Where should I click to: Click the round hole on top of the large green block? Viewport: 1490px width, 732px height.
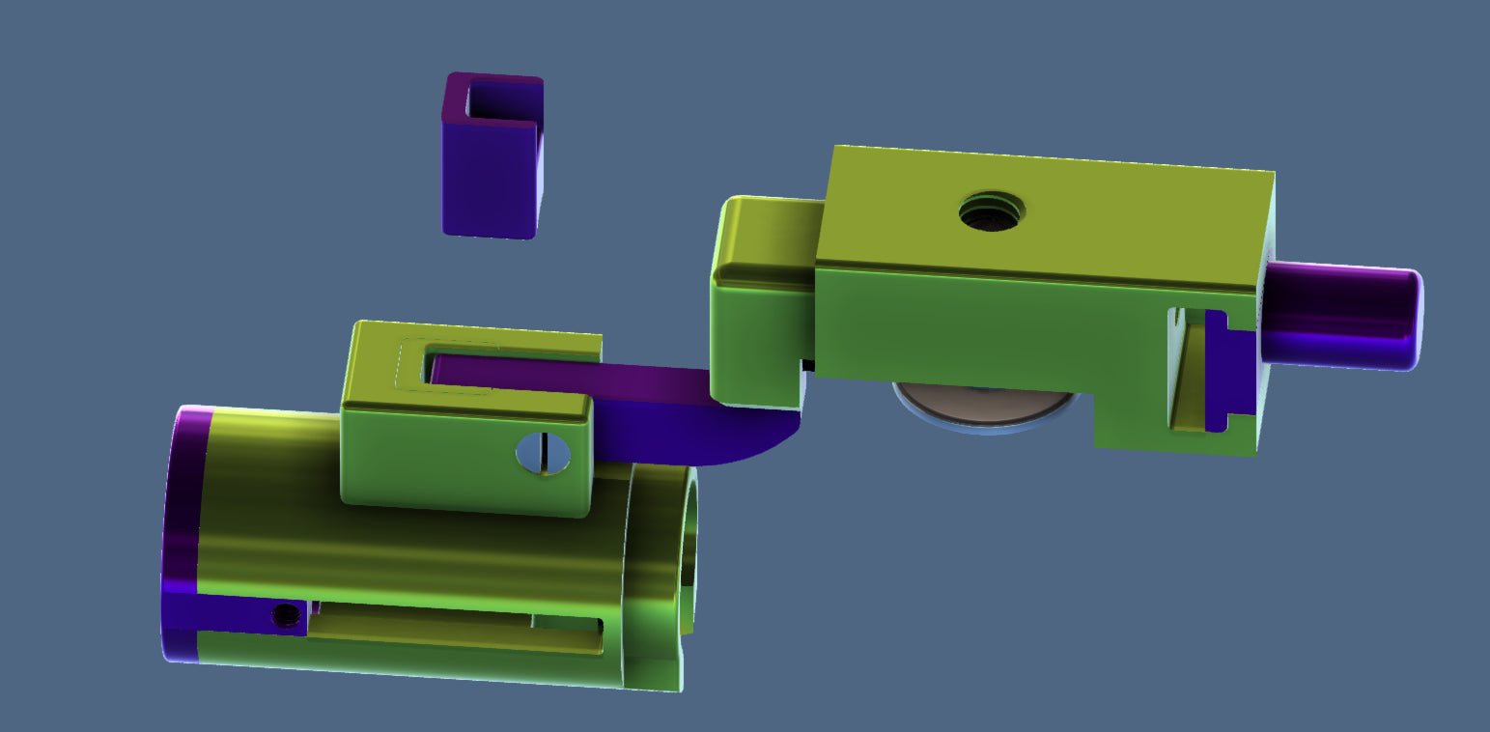(992, 211)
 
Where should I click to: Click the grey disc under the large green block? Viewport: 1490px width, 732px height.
(985, 406)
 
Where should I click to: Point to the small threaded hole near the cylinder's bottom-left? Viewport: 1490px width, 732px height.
(285, 615)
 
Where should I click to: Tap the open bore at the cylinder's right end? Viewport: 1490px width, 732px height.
(689, 550)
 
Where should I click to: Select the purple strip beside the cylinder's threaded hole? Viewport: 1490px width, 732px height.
(232, 614)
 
